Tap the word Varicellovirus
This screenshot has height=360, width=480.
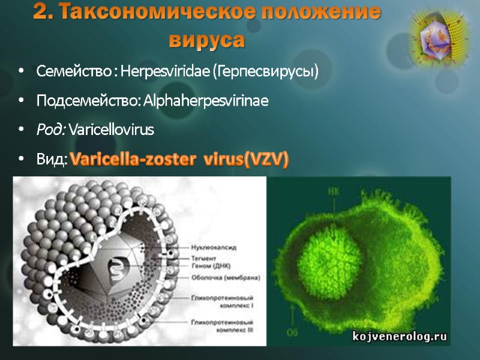click(x=112, y=130)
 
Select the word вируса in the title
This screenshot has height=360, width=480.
click(x=207, y=40)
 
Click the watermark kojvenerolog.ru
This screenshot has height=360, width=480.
click(x=399, y=337)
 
